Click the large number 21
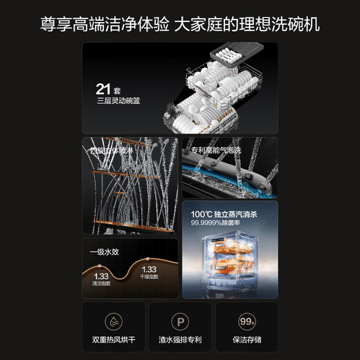point(105,89)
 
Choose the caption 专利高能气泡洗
point(215,150)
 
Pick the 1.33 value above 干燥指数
point(149,269)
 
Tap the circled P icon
point(179,322)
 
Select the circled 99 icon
point(246,322)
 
